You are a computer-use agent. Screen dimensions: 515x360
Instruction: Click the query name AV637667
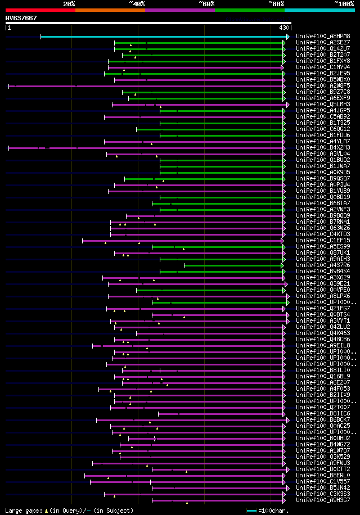pos(21,18)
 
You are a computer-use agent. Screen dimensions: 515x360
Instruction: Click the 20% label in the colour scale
pos(69,4)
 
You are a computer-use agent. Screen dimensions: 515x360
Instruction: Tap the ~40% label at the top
pos(137,4)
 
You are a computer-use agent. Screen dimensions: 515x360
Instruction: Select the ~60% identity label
pos(206,4)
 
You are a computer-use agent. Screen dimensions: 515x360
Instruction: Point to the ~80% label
pos(276,4)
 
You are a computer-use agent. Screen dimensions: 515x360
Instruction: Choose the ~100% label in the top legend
pos(344,4)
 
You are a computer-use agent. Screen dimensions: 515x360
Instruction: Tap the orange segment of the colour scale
pos(110,10)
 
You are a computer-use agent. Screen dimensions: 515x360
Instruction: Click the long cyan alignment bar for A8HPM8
pos(163,37)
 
